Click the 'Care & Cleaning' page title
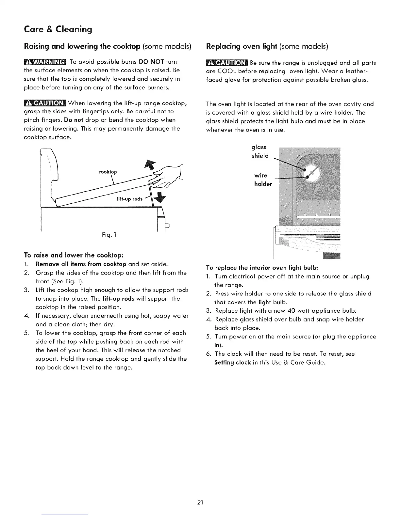point(58,30)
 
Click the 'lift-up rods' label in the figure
point(129,199)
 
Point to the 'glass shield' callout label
point(259,151)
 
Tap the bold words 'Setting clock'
point(232,362)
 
